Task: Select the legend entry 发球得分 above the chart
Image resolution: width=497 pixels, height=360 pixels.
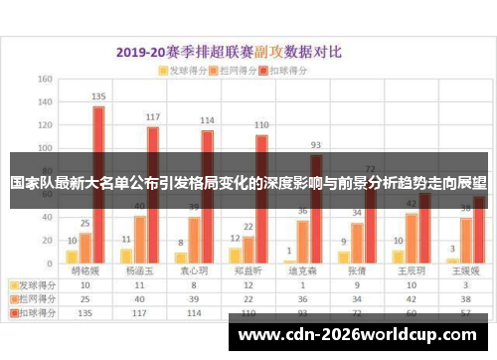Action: tap(183, 72)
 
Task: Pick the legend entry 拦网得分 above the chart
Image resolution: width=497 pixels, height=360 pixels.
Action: tap(236, 72)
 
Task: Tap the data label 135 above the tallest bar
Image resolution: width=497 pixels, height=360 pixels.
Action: tap(98, 97)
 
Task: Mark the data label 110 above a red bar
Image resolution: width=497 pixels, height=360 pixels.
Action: tap(261, 126)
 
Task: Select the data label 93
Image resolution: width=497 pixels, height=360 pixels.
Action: tap(316, 145)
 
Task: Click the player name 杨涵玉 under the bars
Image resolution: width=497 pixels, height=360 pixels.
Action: tap(139, 270)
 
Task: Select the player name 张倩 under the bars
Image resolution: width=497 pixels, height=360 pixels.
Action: tap(357, 270)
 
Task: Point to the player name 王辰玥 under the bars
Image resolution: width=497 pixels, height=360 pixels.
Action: tap(411, 270)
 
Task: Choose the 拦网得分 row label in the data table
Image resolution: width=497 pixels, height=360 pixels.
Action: tap(34, 297)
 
